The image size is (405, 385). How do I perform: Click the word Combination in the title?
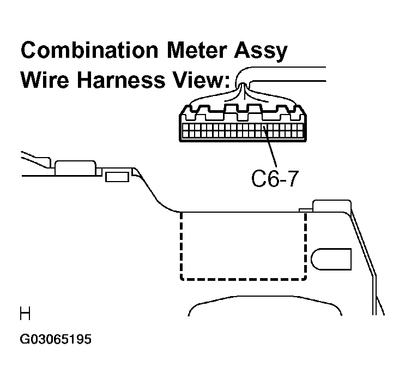(x=89, y=50)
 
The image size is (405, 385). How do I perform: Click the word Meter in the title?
(x=197, y=50)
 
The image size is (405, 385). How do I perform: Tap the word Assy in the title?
(x=261, y=52)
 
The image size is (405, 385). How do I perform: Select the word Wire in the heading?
(x=45, y=80)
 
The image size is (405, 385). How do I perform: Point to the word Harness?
(x=121, y=80)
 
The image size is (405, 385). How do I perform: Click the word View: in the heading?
(x=201, y=80)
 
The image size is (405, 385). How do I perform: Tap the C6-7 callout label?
(x=275, y=178)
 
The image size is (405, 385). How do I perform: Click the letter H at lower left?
(x=25, y=314)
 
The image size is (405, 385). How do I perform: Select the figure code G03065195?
(x=56, y=339)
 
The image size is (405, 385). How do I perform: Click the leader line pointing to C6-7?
(x=270, y=147)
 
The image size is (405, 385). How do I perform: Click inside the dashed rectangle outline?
(x=243, y=245)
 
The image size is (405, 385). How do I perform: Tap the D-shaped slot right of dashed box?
(x=331, y=259)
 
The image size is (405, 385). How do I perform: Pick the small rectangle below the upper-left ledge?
(x=117, y=177)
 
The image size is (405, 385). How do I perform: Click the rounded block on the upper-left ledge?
(x=75, y=168)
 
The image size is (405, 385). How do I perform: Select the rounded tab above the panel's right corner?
(x=332, y=206)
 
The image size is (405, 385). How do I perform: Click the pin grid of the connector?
(x=243, y=130)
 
